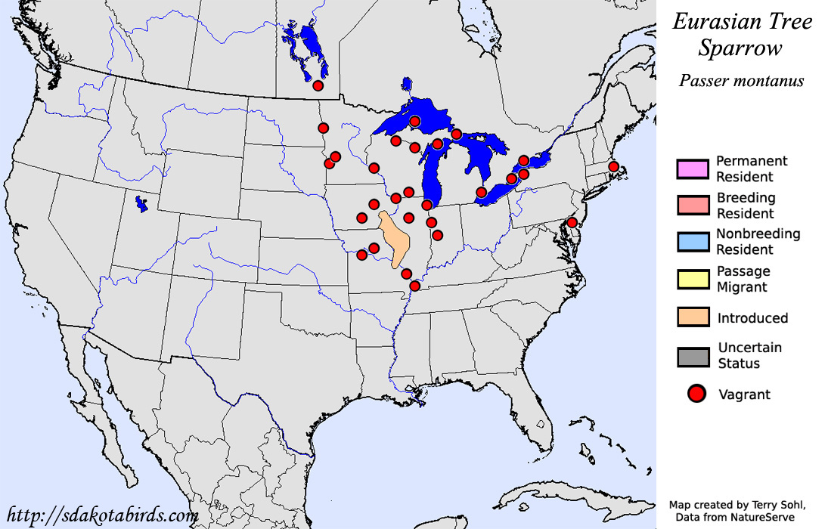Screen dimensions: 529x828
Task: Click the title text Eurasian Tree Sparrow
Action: [x=742, y=34]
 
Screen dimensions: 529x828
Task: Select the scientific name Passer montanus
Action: [x=741, y=80]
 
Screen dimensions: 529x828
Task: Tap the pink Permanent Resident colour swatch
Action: [x=693, y=169]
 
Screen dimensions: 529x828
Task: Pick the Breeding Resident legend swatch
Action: [x=693, y=206]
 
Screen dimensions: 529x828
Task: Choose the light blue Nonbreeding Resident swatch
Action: [x=693, y=242]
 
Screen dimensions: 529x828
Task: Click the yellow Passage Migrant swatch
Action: [x=693, y=279]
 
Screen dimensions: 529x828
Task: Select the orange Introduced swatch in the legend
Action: [x=693, y=317]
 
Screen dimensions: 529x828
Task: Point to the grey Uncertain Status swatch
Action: [x=693, y=356]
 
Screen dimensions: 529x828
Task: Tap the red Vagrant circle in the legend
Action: [x=696, y=394]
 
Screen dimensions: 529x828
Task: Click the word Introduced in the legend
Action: [x=752, y=318]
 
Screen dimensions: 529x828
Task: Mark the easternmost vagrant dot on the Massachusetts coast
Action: [x=614, y=166]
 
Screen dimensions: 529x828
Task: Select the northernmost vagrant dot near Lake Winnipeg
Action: [x=318, y=86]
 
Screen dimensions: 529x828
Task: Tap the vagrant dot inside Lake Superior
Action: [x=414, y=121]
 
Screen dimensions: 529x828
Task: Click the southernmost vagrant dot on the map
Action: [x=414, y=286]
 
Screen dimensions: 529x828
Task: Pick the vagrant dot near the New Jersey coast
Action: [x=572, y=222]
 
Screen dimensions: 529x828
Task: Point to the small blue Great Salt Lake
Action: [x=140, y=203]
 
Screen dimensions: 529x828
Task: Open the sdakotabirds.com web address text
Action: [x=103, y=515]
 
